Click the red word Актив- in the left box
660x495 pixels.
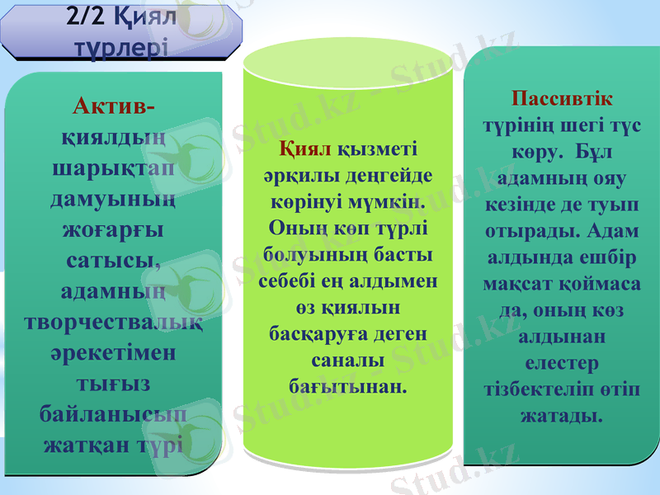(115, 107)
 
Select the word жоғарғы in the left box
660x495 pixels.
(114, 230)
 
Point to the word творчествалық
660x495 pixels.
(115, 323)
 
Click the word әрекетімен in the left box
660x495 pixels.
(115, 353)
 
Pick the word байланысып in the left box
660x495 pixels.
(114, 414)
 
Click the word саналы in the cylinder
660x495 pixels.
(347, 361)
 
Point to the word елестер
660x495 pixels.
(561, 362)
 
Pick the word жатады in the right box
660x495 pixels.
(561, 415)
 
